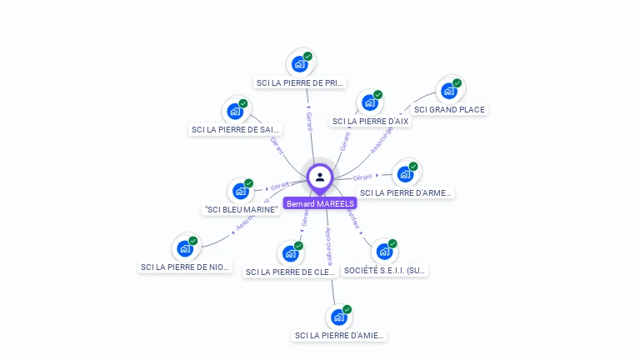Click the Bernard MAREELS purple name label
pos(320,203)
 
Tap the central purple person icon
pos(320,177)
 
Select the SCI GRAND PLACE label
pos(449,109)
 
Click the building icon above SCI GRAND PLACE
pos(449,90)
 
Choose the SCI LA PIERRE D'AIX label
pos(370,121)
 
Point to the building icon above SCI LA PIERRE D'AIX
pos(369,102)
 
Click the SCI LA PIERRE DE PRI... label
pos(300,82)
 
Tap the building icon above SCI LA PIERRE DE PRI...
pos(299,63)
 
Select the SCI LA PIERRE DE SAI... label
pos(236,129)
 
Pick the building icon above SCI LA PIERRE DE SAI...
pos(236,111)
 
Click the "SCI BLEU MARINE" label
pos(241,209)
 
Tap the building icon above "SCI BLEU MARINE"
pos(240,191)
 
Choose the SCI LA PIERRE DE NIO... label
pos(185,267)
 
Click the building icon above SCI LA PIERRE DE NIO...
pos(185,248)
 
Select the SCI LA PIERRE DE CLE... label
pos(290,272)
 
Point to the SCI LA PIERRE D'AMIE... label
pos(339,335)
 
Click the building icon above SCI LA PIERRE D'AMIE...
pos(338,317)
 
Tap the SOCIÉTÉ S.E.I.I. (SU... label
pos(385,270)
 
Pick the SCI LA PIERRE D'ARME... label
pos(406,192)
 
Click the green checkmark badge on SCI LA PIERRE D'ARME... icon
pos(413,167)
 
